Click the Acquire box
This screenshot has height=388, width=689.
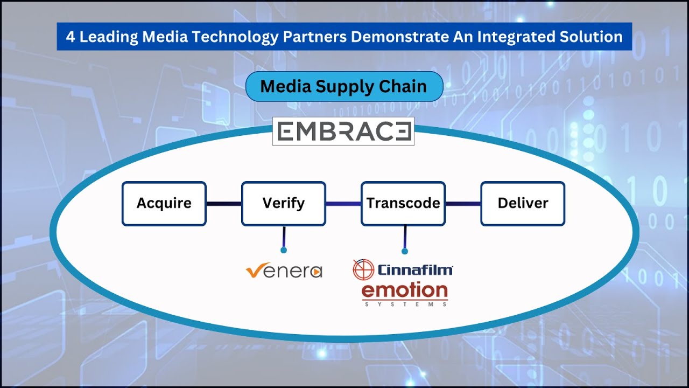click(164, 204)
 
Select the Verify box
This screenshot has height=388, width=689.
click(284, 204)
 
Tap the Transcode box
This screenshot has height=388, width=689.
click(403, 204)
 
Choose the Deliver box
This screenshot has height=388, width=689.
click(523, 204)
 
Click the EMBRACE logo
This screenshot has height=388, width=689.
click(343, 131)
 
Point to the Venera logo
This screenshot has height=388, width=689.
click(284, 271)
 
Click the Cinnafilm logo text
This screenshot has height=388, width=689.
click(414, 269)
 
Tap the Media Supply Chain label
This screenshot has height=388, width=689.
click(343, 86)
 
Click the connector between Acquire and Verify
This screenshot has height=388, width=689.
click(224, 204)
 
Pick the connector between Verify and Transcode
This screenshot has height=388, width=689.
click(343, 204)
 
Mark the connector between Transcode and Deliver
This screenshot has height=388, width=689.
click(463, 204)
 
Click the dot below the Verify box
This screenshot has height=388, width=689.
click(284, 250)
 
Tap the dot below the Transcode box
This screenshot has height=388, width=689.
click(405, 251)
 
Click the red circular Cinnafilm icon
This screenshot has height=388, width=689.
click(363, 269)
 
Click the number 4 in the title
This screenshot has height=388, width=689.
click(70, 37)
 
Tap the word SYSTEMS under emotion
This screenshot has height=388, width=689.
click(405, 304)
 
